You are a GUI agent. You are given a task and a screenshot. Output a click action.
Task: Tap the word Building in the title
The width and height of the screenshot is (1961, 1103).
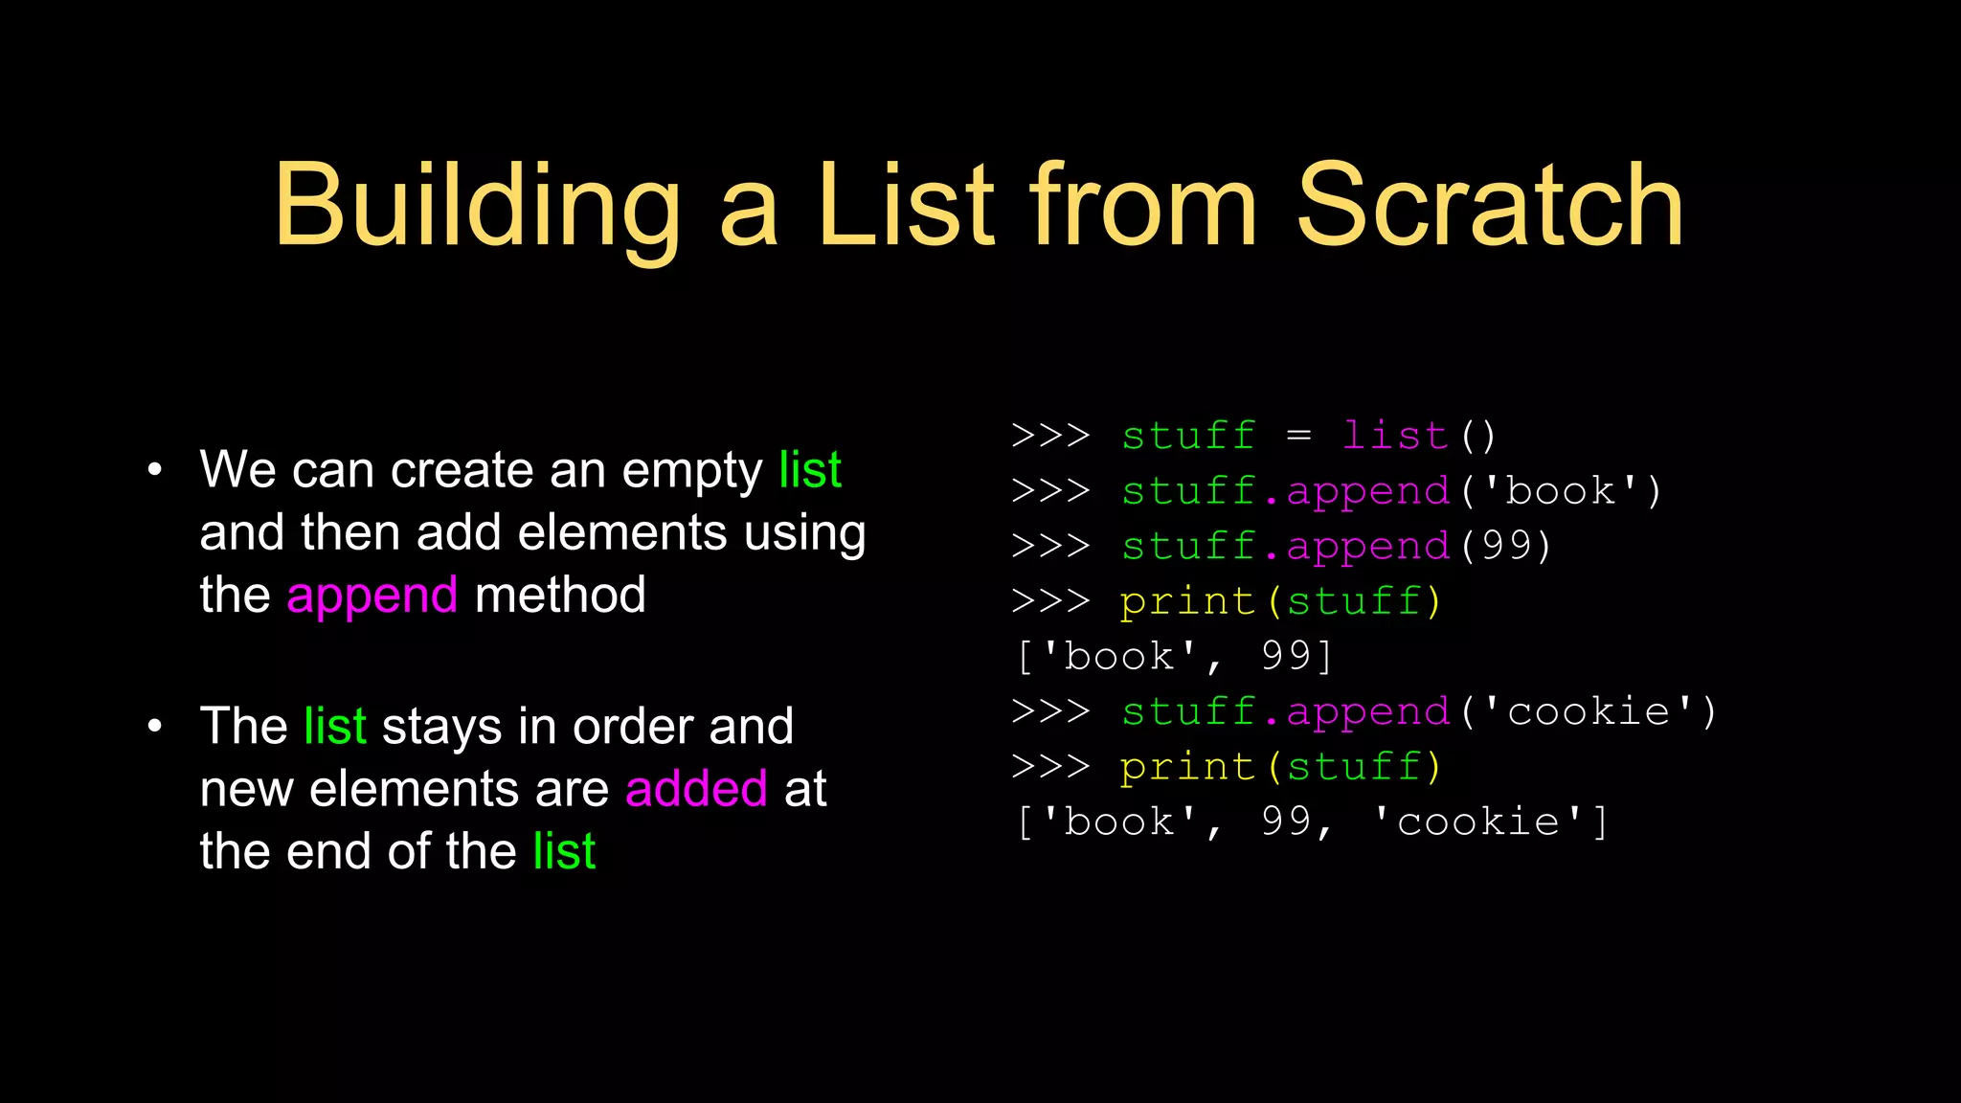(x=477, y=209)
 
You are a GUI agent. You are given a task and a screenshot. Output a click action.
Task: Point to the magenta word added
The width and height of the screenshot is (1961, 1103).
(x=696, y=789)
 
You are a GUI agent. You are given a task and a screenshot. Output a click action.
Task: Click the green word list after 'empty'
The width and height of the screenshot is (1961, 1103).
(x=810, y=470)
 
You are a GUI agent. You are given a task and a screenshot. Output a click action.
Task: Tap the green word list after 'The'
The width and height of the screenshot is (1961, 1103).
(x=335, y=727)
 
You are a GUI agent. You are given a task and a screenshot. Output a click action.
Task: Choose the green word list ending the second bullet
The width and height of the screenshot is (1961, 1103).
(x=564, y=851)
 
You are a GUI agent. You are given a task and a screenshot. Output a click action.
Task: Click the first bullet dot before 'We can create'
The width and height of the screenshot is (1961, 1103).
(x=155, y=470)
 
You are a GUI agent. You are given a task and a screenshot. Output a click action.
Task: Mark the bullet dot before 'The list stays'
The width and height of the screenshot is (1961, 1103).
(x=155, y=727)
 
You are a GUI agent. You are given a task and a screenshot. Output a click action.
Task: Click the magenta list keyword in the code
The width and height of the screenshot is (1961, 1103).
(x=1394, y=436)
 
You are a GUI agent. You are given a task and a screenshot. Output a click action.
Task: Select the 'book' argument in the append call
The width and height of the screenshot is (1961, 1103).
(x=1560, y=491)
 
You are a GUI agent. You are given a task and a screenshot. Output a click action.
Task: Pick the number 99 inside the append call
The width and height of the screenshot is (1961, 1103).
(x=1507, y=546)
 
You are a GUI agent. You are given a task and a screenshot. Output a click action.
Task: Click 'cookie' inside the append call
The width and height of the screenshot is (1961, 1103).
(x=1589, y=711)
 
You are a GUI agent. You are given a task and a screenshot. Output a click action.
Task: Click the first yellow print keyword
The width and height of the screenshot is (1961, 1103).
(x=1187, y=602)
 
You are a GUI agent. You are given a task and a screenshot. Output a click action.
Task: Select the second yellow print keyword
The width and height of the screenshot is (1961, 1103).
(x=1187, y=767)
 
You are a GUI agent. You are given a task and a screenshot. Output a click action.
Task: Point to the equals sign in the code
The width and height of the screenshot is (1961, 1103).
(x=1298, y=437)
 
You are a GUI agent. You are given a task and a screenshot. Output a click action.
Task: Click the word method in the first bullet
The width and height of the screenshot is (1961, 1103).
(x=560, y=596)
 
